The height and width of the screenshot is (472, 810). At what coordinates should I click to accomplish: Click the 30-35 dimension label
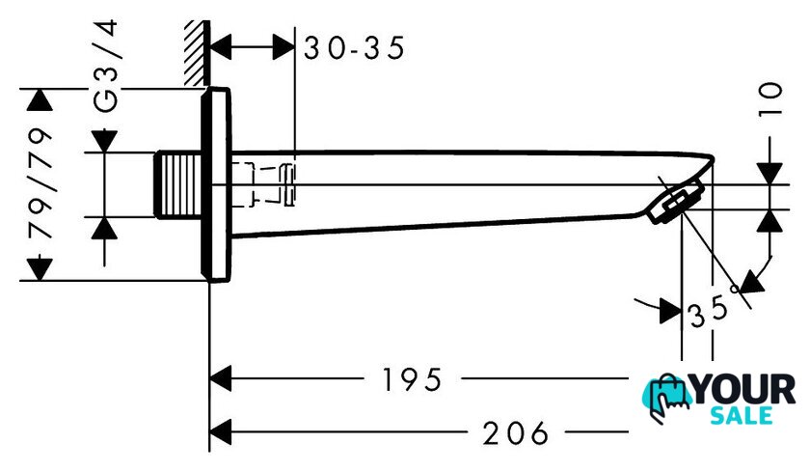click(x=354, y=48)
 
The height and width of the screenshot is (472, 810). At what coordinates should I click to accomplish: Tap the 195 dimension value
click(x=412, y=380)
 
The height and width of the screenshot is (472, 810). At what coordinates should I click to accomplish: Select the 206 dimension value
click(x=515, y=433)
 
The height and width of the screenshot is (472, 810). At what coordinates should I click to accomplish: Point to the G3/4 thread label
click(x=106, y=66)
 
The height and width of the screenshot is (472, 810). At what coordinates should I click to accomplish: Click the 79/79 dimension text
click(x=41, y=183)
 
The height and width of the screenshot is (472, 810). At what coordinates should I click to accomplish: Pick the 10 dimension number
click(x=770, y=99)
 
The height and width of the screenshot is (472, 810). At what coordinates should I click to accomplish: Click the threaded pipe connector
click(x=177, y=184)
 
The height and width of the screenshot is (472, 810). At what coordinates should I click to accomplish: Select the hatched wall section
click(x=197, y=53)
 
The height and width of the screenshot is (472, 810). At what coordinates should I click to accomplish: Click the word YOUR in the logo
click(x=743, y=390)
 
